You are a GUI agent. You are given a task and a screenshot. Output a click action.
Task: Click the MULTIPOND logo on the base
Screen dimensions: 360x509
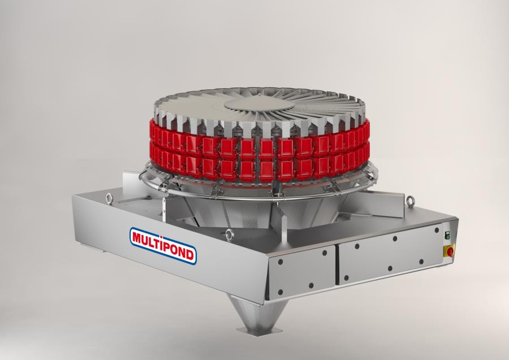coord(163,245)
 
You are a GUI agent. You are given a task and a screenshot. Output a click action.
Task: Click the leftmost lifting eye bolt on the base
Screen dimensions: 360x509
coord(108,198)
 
